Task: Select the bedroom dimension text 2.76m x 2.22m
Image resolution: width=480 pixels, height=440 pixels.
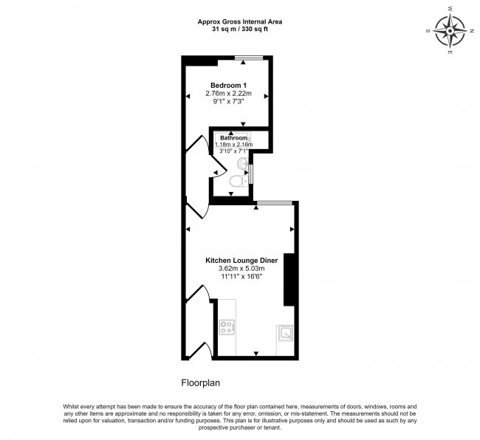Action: [228, 94]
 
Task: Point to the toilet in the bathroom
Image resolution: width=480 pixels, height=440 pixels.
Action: [236, 181]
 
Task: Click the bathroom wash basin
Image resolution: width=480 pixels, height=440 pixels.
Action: [244, 162]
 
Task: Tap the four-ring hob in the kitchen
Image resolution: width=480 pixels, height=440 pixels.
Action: [227, 326]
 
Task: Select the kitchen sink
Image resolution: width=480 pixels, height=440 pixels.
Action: [284, 333]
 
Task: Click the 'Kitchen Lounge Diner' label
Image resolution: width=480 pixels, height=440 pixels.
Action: [241, 260]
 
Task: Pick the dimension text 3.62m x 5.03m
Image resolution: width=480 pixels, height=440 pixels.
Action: [241, 269]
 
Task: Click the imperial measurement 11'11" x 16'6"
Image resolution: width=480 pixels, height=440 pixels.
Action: [241, 277]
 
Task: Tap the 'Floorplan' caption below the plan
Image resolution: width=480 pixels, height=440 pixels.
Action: [201, 383]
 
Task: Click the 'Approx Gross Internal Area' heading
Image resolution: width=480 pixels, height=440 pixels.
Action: [239, 21]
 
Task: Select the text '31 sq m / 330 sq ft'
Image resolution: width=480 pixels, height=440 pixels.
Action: [239, 30]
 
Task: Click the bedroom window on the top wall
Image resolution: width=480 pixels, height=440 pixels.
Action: [247, 58]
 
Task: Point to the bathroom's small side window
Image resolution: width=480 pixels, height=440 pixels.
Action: [252, 173]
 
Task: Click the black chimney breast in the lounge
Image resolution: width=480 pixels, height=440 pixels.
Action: [289, 279]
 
